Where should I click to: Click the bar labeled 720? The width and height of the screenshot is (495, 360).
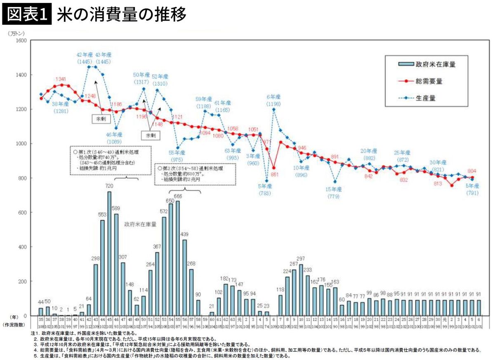[x=109, y=254]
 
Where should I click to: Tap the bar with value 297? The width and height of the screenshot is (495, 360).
[x=301, y=290]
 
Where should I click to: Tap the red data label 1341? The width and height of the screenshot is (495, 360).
[x=61, y=79]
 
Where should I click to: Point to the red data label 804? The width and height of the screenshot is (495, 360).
[x=473, y=171]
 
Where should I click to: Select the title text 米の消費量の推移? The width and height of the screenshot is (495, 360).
[x=121, y=15]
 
